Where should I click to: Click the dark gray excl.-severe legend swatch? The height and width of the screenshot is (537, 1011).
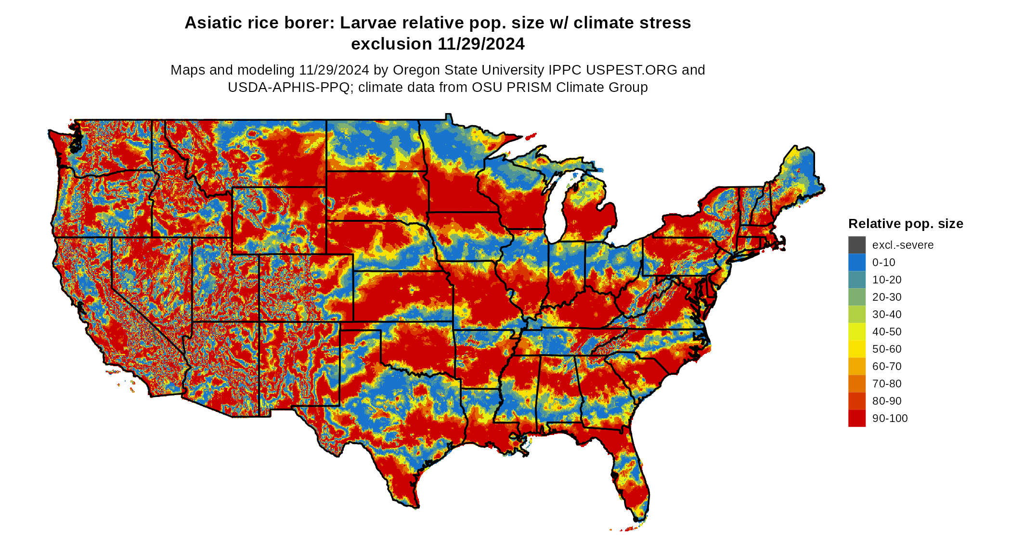pyautogui.click(x=856, y=245)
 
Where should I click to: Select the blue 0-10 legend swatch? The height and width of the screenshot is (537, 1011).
pyautogui.click(x=856, y=262)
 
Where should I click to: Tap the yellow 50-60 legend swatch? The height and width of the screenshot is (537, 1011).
pyautogui.click(x=856, y=349)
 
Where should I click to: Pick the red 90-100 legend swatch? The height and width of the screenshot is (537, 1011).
pyautogui.click(x=856, y=418)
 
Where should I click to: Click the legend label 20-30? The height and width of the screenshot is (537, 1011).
pyautogui.click(x=887, y=297)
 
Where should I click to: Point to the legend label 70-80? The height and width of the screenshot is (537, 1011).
pyautogui.click(x=887, y=384)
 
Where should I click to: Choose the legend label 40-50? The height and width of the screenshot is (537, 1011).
pyautogui.click(x=887, y=332)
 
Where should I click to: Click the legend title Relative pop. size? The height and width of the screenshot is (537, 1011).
pyautogui.click(x=906, y=224)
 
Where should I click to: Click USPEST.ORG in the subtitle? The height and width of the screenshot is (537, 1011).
pyautogui.click(x=632, y=70)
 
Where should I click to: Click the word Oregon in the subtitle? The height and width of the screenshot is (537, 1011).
pyautogui.click(x=415, y=70)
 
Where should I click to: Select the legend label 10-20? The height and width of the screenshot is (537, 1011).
pyautogui.click(x=887, y=280)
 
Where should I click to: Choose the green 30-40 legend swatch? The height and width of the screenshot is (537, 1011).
pyautogui.click(x=856, y=314)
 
